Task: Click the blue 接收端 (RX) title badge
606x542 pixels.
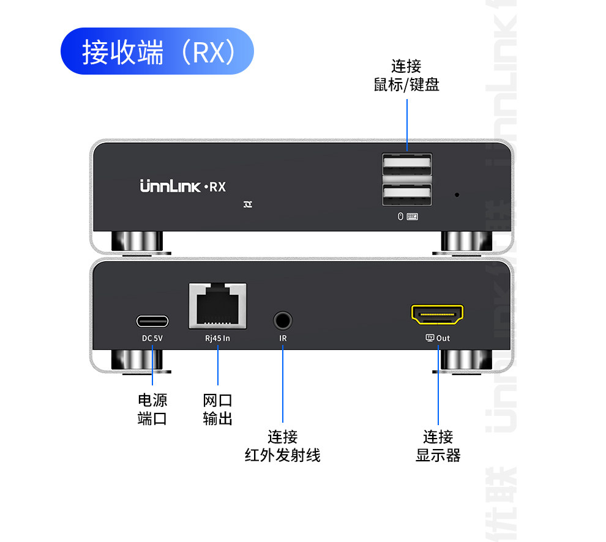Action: coord(157,51)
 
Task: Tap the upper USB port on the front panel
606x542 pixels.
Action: coord(407,166)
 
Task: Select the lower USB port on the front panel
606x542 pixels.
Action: coord(407,195)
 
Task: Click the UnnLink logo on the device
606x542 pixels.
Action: coord(170,187)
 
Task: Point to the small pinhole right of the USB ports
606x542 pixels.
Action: coord(457,195)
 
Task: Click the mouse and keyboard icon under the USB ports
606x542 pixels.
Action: coord(408,217)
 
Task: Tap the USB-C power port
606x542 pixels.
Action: coord(152,321)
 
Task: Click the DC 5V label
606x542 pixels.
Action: coord(152,338)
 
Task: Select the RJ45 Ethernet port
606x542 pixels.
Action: coord(217,305)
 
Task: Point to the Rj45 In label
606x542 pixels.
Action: coord(217,338)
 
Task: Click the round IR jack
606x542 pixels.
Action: coord(282,320)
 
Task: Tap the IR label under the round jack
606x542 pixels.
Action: coord(283,338)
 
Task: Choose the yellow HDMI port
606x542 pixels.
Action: coord(437,315)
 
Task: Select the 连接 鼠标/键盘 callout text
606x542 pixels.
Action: coord(406,75)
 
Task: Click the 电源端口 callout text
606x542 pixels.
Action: coord(152,409)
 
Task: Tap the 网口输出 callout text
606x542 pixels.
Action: coord(217,409)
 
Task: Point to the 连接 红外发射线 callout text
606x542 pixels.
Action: coord(282,446)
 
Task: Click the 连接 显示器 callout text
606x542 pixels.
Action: coord(438,446)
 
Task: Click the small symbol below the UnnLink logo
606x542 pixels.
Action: coord(248,204)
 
